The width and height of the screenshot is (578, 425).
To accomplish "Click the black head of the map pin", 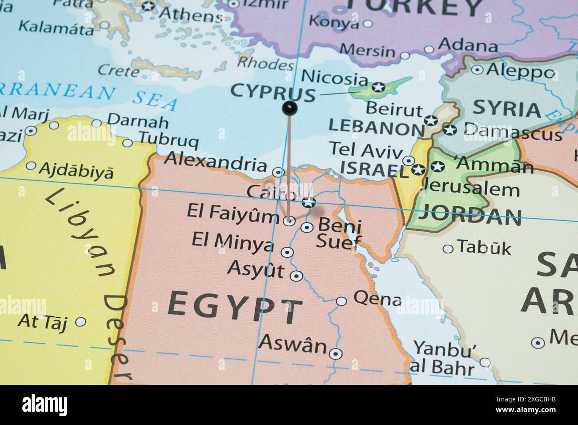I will click(289, 107).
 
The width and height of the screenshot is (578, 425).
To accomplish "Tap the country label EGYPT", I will click(235, 307).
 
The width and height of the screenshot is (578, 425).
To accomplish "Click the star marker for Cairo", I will click(308, 202).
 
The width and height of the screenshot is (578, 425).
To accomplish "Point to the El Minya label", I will click(233, 242).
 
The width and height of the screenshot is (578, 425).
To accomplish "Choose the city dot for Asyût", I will click(297, 276).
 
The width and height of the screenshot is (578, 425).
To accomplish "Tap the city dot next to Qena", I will click(341, 301).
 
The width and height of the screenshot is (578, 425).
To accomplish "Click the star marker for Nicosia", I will click(378, 87).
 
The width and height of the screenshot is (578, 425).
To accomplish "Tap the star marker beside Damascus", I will click(450, 130).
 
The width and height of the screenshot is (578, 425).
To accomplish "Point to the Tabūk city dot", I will click(448, 249).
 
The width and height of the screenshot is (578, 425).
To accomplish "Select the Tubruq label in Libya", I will click(169, 140).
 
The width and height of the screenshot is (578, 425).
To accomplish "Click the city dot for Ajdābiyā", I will click(31, 166).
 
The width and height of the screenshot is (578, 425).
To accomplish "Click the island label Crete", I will click(118, 70).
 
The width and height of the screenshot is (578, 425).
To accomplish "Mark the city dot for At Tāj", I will click(80, 321).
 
